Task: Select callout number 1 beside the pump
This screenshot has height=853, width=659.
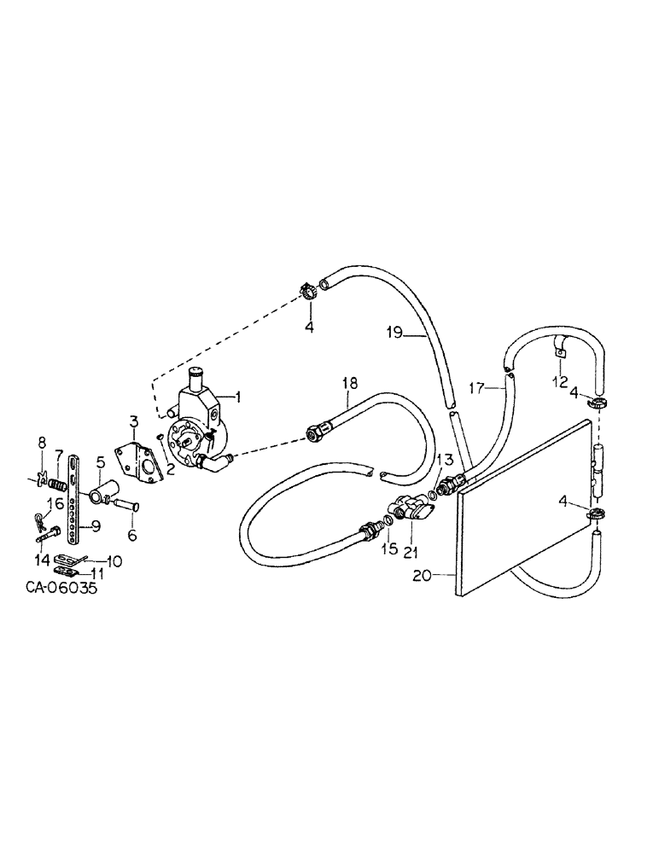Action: click(238, 396)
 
